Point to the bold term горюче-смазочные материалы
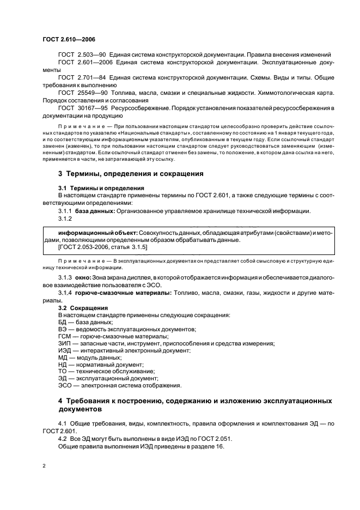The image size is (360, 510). click(x=123, y=293)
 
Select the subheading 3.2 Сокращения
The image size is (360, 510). click(x=83, y=308)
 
